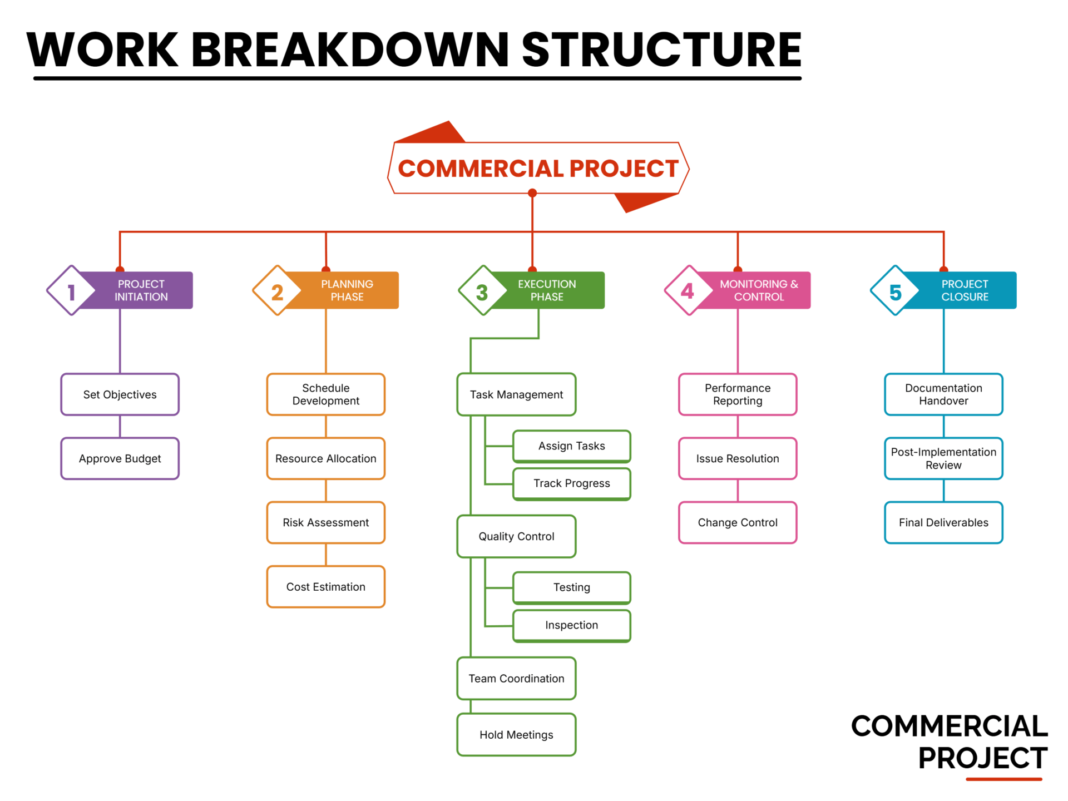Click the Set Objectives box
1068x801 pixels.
[120, 394]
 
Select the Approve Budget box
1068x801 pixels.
[120, 458]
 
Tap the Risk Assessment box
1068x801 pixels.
[325, 522]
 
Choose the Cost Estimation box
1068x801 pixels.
[325, 587]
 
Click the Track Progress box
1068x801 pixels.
[571, 483]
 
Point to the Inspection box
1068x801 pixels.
[571, 625]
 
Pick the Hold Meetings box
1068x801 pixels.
[516, 735]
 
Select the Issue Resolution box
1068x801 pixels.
[738, 458]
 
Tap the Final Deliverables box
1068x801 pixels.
[943, 522]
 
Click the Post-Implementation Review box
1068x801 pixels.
[943, 458]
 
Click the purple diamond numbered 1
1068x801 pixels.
[71, 291]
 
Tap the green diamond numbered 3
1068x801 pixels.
[483, 291]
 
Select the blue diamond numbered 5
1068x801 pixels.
[894, 291]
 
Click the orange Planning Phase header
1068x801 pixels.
[347, 290]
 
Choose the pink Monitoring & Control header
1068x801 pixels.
[759, 290]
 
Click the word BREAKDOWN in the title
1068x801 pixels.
[349, 50]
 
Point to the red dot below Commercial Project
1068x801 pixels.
[532, 193]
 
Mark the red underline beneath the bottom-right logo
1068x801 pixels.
[1003, 779]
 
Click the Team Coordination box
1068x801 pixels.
[516, 679]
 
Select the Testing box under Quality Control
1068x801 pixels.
[571, 587]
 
